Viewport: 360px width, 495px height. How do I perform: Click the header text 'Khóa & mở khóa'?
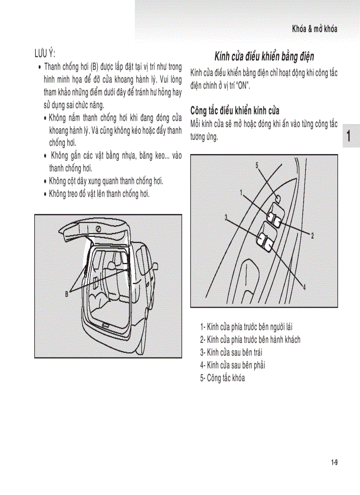point(314,29)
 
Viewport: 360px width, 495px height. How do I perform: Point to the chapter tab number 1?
point(349,136)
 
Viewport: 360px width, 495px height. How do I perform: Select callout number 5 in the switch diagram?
point(257,165)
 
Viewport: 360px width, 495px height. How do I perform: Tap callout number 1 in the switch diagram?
point(241,192)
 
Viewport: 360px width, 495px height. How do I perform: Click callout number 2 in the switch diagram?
point(312,235)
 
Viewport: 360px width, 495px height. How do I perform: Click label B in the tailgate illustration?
point(67,294)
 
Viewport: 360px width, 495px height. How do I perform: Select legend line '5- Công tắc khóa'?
point(222,378)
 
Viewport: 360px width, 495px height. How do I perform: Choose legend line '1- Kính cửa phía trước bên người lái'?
point(246,327)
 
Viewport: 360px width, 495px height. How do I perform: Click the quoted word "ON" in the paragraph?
point(241,86)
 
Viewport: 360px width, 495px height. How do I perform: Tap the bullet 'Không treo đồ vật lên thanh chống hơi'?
point(99,193)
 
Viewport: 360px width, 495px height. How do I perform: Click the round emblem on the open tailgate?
point(98,230)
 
